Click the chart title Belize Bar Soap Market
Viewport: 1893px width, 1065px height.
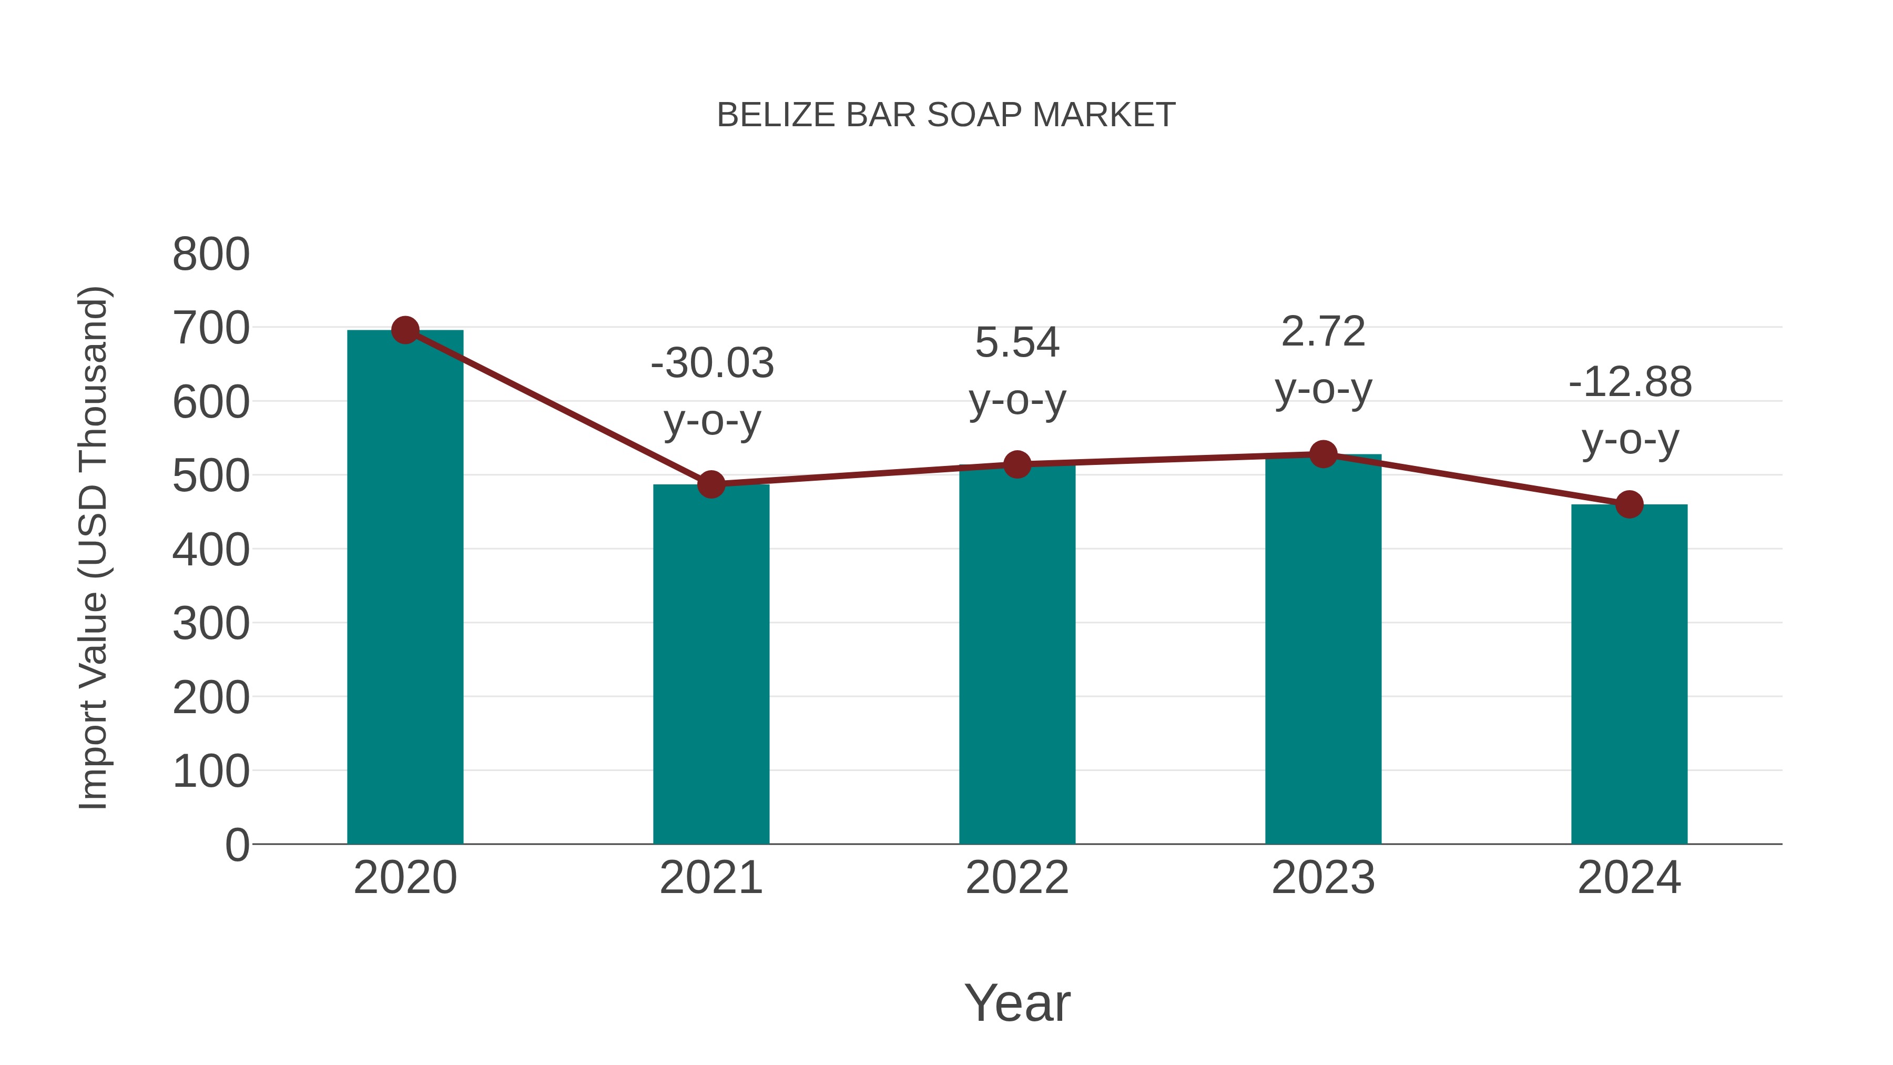pos(946,115)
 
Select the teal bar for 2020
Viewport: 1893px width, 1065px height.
pos(405,588)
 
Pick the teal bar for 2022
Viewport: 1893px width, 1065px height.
pos(1017,654)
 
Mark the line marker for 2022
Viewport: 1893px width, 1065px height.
pos(1017,464)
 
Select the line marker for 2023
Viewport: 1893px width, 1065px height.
pos(1323,454)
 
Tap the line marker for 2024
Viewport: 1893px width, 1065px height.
pos(1629,504)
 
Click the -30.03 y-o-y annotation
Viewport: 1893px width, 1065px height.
pos(712,392)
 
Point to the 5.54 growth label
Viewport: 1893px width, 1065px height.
pos(1017,371)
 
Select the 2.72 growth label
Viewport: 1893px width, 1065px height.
pos(1323,360)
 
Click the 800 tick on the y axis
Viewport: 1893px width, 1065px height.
pos(211,255)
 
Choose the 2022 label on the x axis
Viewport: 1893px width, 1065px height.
pos(1017,878)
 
